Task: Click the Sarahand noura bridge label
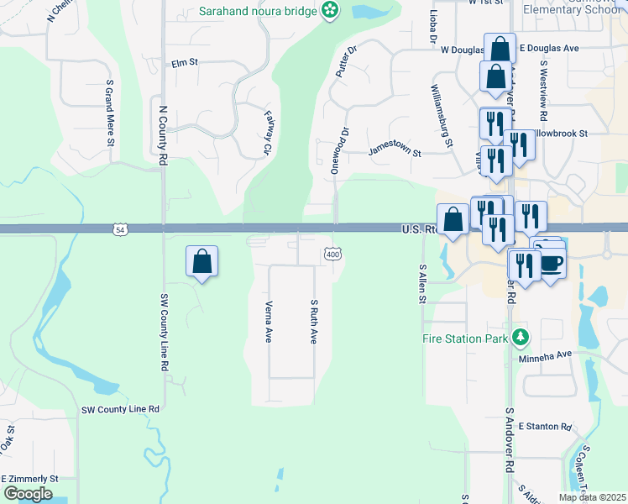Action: point(258,11)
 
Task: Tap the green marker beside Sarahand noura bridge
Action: point(331,11)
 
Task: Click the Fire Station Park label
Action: point(465,339)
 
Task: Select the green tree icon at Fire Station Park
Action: point(521,338)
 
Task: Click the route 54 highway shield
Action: point(121,228)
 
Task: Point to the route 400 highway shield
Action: point(332,254)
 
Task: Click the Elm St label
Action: point(183,63)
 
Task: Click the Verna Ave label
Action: point(269,322)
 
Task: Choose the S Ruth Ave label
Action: point(314,322)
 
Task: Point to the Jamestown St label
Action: point(394,152)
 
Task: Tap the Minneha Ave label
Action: point(547,354)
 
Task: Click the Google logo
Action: point(28,494)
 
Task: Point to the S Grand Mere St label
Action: point(109,113)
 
